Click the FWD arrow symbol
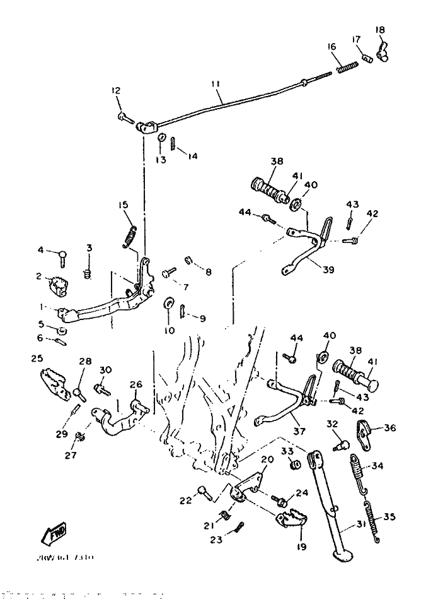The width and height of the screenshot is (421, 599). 55,533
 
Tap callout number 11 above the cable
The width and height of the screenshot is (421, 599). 216,83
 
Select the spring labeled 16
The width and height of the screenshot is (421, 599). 345,65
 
